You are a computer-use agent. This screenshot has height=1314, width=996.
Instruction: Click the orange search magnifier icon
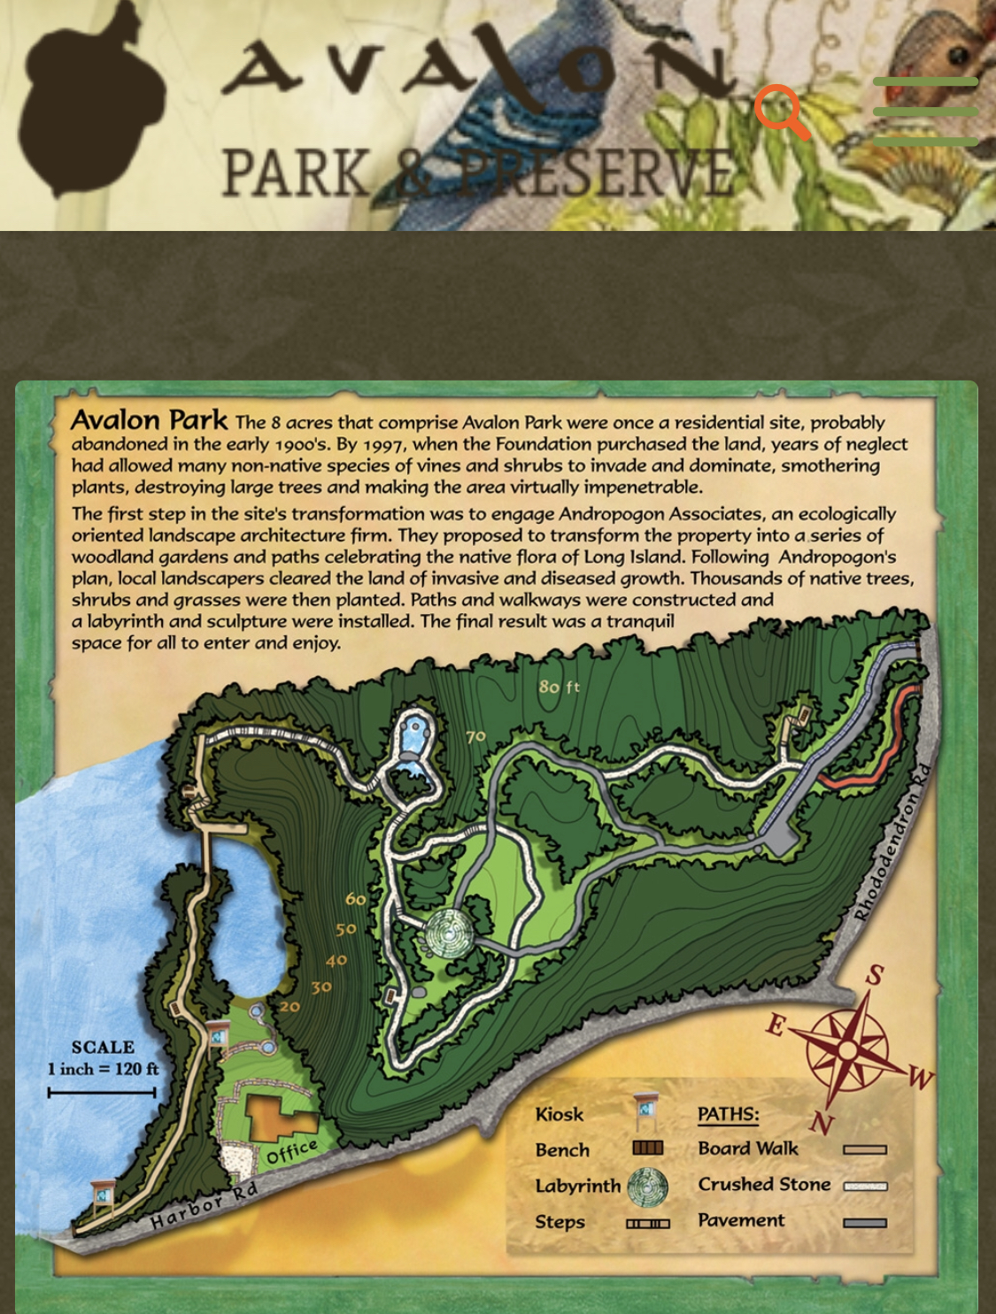tap(781, 111)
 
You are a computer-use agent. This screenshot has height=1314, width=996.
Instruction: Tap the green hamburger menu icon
tap(925, 111)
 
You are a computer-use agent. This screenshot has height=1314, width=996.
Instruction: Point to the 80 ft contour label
tap(559, 687)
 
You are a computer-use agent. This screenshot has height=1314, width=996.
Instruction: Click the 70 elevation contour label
tap(475, 736)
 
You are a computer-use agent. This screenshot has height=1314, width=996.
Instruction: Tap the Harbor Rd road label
tap(204, 1205)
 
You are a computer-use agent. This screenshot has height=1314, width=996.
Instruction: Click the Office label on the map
tap(292, 1151)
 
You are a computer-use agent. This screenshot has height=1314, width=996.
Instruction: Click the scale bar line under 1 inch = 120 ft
tap(102, 1093)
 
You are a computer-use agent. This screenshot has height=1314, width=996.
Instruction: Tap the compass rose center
tap(847, 1049)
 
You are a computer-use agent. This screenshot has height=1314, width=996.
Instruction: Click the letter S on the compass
tap(875, 975)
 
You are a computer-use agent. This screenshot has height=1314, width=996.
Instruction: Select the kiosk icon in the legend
tap(646, 1112)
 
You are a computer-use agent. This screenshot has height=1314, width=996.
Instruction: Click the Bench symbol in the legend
tap(647, 1148)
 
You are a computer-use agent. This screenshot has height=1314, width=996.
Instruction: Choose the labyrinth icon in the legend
tap(647, 1187)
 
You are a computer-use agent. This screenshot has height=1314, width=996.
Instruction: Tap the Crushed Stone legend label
tap(764, 1184)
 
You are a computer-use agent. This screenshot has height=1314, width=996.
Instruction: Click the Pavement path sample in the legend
tap(865, 1223)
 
